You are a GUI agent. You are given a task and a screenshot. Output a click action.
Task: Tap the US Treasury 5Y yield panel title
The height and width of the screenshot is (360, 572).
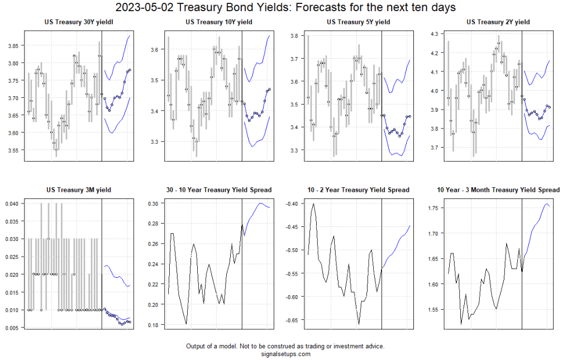point(358,22)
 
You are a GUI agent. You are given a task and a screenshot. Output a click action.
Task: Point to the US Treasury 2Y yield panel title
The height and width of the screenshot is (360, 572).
point(498,22)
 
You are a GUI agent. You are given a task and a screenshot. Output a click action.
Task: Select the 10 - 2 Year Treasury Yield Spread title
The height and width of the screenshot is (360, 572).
point(358,190)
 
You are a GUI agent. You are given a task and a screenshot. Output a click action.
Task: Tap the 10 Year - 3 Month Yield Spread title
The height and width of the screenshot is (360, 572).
point(498,190)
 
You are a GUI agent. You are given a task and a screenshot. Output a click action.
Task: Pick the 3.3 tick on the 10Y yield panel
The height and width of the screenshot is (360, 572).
point(155,142)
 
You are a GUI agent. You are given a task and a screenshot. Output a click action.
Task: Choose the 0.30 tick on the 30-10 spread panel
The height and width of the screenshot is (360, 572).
point(152,203)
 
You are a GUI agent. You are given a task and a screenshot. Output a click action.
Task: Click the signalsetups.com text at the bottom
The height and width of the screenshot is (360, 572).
point(285,354)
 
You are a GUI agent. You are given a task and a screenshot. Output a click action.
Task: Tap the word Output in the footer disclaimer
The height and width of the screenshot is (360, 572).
point(197,346)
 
